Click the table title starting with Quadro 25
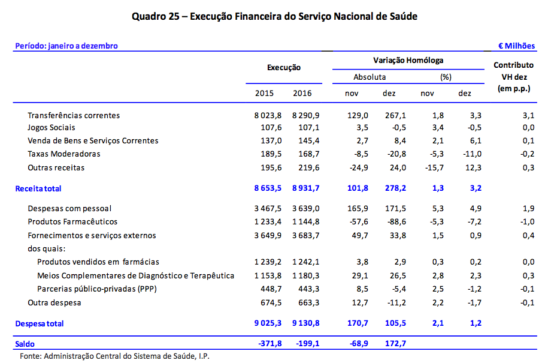pos(275,16)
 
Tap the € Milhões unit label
pos(517,46)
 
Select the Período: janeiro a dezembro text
pos(66,46)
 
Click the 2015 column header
pos(264,94)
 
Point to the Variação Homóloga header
pos(408,61)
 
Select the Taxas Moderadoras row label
pos(64,154)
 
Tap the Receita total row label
pos(38,188)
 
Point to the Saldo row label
pos(25,344)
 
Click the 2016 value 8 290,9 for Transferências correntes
pos(305,115)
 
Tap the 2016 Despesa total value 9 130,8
pos(305,323)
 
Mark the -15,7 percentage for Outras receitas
pos(427,167)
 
